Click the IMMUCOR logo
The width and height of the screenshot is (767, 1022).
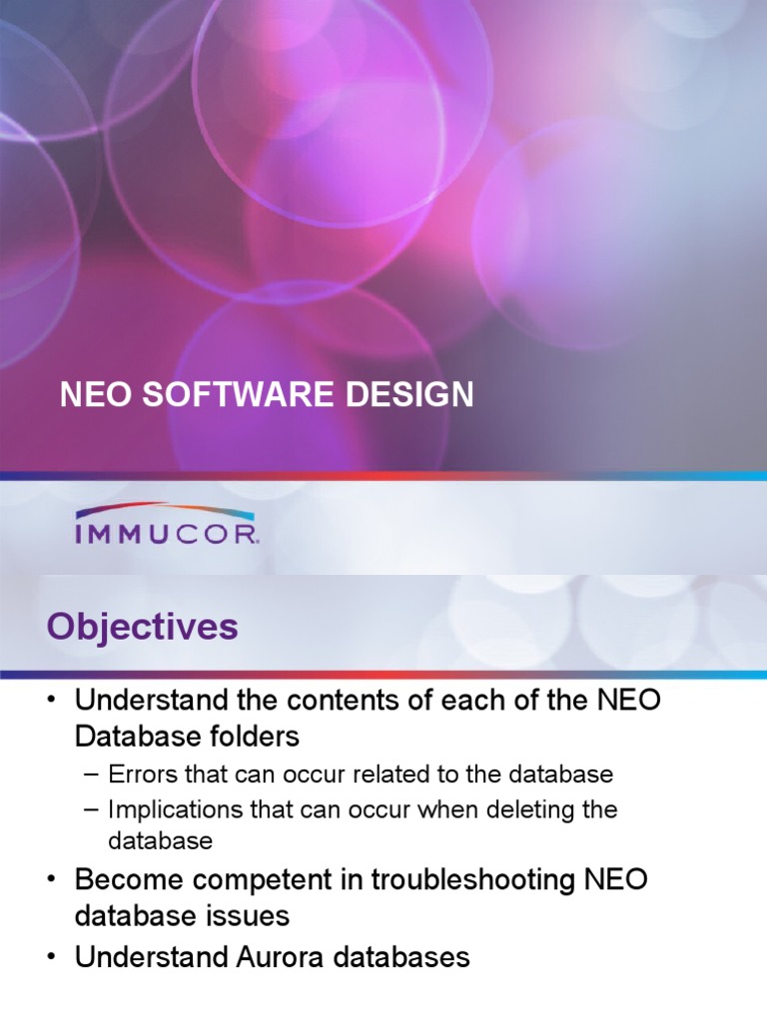point(167,525)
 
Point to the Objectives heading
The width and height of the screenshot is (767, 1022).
point(142,628)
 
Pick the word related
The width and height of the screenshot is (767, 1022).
point(419,774)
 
